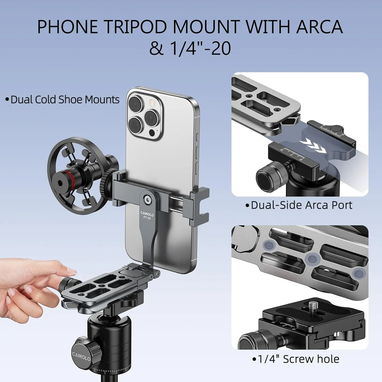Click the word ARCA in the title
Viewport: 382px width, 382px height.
tap(319, 27)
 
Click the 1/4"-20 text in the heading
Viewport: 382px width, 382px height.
tap(201, 48)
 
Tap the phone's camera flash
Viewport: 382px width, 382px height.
tap(153, 103)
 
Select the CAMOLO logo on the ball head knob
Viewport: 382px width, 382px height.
tap(81, 356)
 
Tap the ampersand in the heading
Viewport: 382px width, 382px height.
tap(156, 48)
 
